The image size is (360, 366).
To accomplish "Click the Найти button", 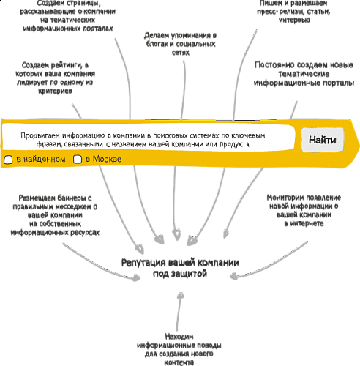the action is click(x=323, y=140).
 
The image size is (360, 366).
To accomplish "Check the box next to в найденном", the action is click(x=8, y=160).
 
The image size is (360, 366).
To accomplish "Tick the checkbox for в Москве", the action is click(x=78, y=160).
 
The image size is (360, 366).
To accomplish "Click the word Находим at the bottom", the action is click(x=179, y=337).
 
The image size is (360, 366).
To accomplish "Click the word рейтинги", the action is click(x=65, y=65).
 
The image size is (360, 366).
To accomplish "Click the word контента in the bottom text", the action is click(x=179, y=362).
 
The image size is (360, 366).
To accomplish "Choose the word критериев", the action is click(x=55, y=91).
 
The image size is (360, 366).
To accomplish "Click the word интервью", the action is click(x=294, y=20).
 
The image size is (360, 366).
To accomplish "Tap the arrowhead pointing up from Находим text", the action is click(x=181, y=295).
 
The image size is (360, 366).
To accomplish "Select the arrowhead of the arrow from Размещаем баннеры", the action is click(x=136, y=277).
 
